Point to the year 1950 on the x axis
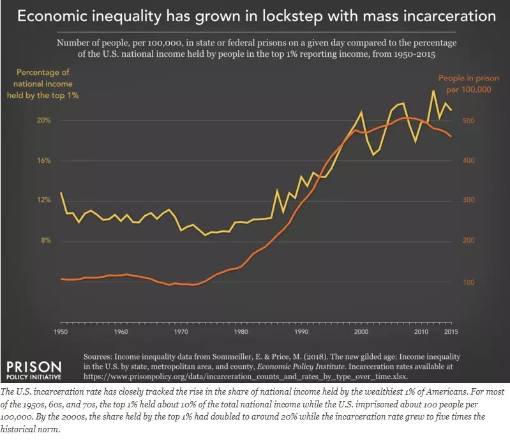[61, 333]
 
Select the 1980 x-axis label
[241, 333]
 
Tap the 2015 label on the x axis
[451, 333]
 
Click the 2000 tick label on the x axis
[361, 333]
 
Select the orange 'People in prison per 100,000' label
[464, 84]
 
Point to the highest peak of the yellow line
[434, 91]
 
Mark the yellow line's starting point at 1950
[61, 192]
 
